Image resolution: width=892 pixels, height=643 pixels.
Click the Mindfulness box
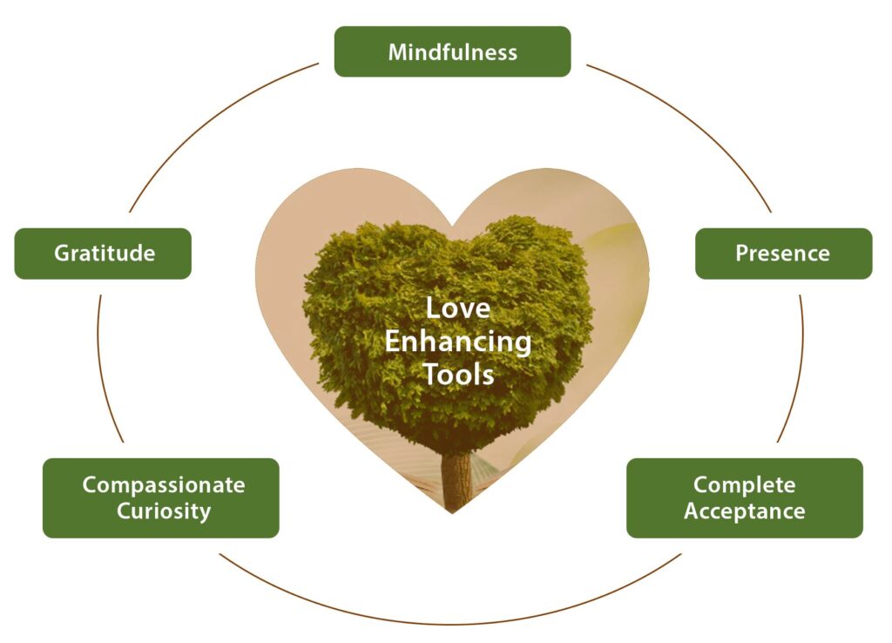click(x=452, y=51)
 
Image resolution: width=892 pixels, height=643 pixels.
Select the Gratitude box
click(x=103, y=254)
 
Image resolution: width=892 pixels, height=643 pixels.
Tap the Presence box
click(x=783, y=254)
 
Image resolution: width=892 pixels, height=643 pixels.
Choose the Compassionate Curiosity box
click(x=161, y=497)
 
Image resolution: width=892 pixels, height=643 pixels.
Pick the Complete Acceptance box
click(x=745, y=497)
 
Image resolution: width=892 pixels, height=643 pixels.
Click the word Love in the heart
click(x=457, y=308)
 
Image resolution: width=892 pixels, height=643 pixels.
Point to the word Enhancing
click(x=457, y=341)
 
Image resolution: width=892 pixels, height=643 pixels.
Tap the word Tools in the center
click(x=457, y=374)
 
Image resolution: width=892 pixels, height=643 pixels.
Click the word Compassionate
click(x=164, y=484)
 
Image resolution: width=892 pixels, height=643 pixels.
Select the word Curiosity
click(x=164, y=511)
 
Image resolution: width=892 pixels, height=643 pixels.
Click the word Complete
click(x=745, y=484)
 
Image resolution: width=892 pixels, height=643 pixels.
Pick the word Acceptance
click(x=745, y=511)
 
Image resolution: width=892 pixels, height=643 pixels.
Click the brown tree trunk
click(x=456, y=479)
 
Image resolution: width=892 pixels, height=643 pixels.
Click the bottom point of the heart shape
click(x=452, y=512)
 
